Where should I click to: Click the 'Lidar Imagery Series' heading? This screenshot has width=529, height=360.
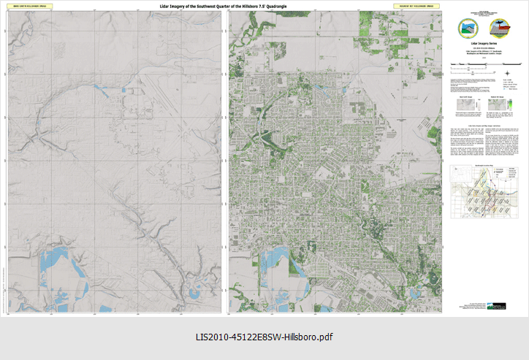tap(484, 45)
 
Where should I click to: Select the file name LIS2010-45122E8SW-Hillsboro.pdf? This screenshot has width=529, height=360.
tap(264, 337)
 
